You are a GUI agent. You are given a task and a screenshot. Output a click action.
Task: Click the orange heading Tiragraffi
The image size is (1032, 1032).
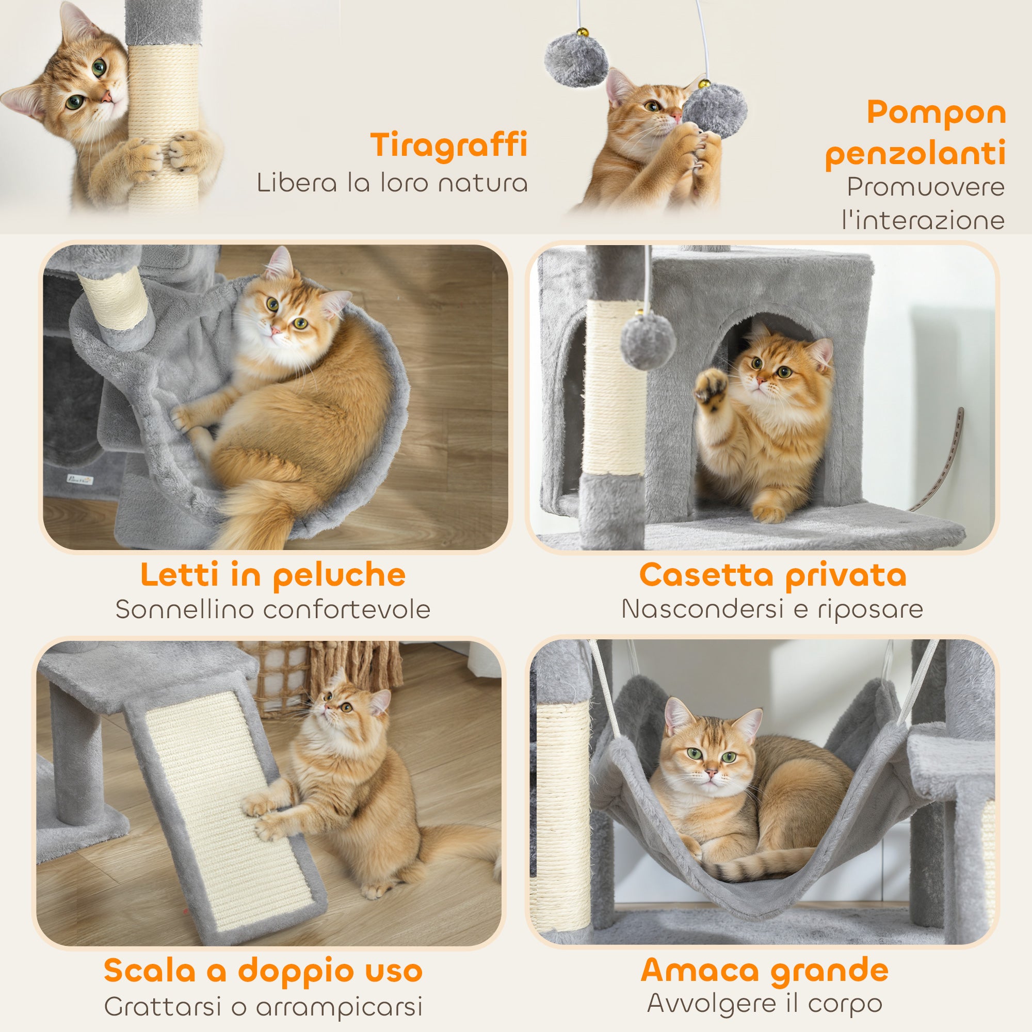pyautogui.click(x=449, y=145)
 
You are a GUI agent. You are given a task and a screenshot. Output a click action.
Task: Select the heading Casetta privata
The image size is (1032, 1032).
pyautogui.click(x=772, y=576)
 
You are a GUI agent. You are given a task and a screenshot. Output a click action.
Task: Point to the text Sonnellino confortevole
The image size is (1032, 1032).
pyautogui.click(x=273, y=609)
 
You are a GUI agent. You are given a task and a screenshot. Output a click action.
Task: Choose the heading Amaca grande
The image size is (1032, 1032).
pyautogui.click(x=764, y=970)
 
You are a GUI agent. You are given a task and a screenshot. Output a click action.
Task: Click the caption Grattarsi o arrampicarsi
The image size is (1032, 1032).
pyautogui.click(x=263, y=1007)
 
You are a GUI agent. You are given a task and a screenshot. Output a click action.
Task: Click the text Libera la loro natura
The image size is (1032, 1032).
pyautogui.click(x=392, y=183)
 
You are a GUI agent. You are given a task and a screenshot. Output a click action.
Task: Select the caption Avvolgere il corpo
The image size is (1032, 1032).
pyautogui.click(x=764, y=1004)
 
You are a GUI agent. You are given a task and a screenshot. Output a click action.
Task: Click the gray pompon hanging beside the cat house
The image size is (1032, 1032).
pyautogui.click(x=648, y=342)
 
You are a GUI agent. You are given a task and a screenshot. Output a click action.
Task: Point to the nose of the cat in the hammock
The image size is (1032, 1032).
pyautogui.click(x=711, y=773)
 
